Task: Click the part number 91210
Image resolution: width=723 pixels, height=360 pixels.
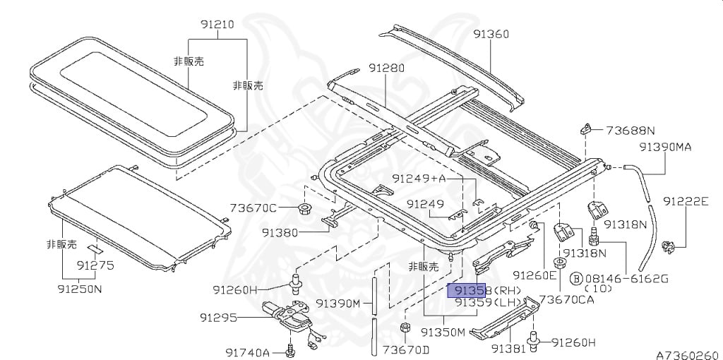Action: tap(217, 25)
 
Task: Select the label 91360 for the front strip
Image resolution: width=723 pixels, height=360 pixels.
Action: tap(491, 34)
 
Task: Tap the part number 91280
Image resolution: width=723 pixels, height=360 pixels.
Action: tap(386, 68)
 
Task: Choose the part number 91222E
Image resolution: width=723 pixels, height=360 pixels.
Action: tap(686, 201)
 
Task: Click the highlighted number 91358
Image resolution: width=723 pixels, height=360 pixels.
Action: tap(467, 291)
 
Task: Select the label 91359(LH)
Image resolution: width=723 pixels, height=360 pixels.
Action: tap(488, 303)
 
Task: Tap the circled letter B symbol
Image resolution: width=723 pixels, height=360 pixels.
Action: tap(576, 278)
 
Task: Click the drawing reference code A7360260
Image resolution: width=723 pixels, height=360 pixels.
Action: tap(689, 354)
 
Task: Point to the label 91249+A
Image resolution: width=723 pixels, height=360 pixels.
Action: tap(419, 178)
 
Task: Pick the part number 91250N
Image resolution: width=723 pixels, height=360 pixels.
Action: tap(79, 289)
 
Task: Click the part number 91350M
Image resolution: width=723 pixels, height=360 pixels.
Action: tap(443, 332)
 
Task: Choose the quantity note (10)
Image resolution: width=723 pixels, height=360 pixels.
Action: tap(598, 289)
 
